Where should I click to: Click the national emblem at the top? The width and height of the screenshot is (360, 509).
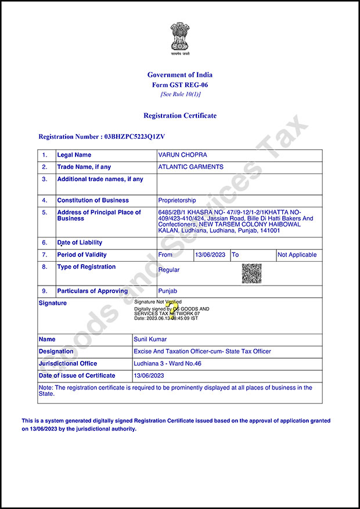tap(179, 38)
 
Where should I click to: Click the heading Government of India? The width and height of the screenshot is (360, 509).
tap(180, 75)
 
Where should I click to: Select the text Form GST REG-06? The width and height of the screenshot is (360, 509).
tap(180, 85)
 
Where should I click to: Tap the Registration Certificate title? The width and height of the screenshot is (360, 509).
tap(180, 115)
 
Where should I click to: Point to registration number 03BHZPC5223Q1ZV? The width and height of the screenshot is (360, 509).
tap(134, 137)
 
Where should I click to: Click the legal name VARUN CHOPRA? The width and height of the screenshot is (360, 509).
tap(182, 155)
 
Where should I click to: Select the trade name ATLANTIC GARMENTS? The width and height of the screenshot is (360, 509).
tap(190, 167)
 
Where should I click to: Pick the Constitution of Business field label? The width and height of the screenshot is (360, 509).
tap(93, 200)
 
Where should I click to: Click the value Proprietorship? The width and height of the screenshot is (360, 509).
tap(177, 200)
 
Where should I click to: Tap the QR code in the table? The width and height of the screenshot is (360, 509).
tap(251, 273)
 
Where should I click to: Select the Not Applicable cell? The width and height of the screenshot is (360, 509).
tap(297, 255)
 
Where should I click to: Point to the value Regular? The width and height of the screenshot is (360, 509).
tap(169, 270)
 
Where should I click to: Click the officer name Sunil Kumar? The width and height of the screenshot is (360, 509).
tap(150, 340)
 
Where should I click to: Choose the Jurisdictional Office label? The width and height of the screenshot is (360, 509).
tap(68, 363)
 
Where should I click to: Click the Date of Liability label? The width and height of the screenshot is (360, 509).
tap(80, 243)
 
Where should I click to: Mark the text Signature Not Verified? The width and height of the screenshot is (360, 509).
tap(157, 302)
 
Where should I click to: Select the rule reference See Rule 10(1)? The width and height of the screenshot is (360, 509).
tap(180, 94)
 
